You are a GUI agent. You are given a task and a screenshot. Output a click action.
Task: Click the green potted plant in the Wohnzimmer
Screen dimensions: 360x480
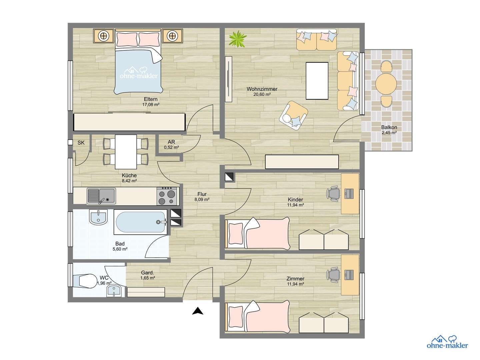pos(237,38)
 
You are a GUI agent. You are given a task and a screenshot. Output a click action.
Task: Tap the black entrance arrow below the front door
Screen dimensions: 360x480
pos(198,311)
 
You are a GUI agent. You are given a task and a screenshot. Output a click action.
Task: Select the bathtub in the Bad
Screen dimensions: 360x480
pos(140,222)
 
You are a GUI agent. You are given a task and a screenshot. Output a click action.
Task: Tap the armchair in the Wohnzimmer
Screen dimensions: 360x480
pos(293,115)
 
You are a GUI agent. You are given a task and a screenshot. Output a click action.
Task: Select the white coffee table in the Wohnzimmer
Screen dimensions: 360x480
pos(317,80)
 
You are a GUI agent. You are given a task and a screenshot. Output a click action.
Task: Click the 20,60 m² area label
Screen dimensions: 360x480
pos(262,94)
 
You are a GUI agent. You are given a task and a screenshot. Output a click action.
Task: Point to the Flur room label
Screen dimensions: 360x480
pos(202,194)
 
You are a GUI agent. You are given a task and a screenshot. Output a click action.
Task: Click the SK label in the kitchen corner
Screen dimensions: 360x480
pos(81,143)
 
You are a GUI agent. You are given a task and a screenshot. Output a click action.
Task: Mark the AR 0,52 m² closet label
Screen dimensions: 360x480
pos(171,144)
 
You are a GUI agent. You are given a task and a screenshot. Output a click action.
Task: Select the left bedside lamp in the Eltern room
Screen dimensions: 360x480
pos(104,35)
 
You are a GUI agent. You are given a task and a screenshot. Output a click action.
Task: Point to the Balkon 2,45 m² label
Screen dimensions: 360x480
pos(389,130)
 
